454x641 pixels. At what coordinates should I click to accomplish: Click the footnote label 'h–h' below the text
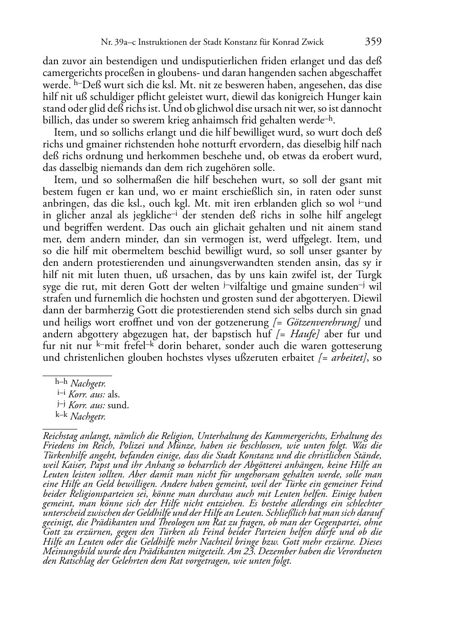click(61, 383)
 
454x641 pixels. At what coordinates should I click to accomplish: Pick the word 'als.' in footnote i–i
click(113, 394)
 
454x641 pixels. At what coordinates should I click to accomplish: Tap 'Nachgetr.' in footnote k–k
click(88, 417)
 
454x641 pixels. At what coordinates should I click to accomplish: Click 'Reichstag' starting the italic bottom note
click(61, 436)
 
